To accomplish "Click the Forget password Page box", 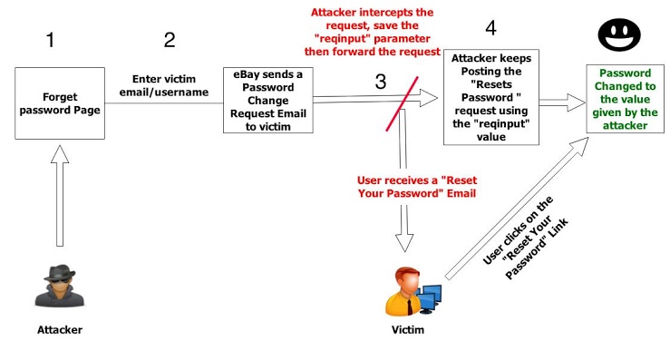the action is click(60, 103).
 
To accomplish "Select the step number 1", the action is click(51, 40).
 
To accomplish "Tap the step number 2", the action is click(170, 40).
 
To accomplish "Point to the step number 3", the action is click(381, 82).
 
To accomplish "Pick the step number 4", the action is click(491, 28).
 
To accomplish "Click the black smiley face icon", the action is click(619, 34).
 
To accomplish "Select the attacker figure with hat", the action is click(60, 286).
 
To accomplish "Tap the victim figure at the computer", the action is click(413, 292).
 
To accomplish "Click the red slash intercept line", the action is click(402, 104).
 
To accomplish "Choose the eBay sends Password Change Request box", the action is click(268, 100).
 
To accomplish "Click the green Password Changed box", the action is click(626, 99).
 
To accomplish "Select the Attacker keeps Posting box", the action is click(491, 97).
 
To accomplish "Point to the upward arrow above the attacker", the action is click(60, 195).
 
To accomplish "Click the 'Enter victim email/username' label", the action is click(164, 85).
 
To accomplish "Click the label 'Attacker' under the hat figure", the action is click(60, 330).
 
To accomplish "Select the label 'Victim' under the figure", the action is click(408, 330).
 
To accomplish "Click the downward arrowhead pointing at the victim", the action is click(403, 243).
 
